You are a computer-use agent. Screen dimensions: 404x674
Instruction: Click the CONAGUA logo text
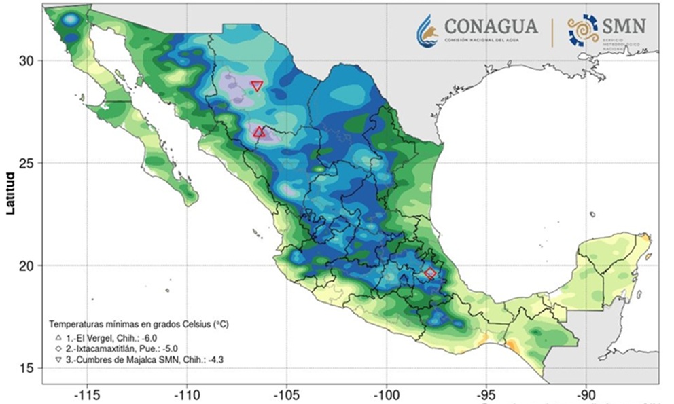[491, 26]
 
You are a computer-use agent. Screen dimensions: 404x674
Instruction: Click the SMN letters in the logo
[624, 26]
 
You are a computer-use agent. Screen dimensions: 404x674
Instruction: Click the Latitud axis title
[10, 193]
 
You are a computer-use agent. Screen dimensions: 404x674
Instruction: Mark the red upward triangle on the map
[259, 132]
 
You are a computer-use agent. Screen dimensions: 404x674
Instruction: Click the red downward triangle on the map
[257, 86]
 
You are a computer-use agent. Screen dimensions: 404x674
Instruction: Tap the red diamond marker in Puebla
[430, 274]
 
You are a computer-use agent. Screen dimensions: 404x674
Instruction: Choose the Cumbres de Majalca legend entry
[139, 359]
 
